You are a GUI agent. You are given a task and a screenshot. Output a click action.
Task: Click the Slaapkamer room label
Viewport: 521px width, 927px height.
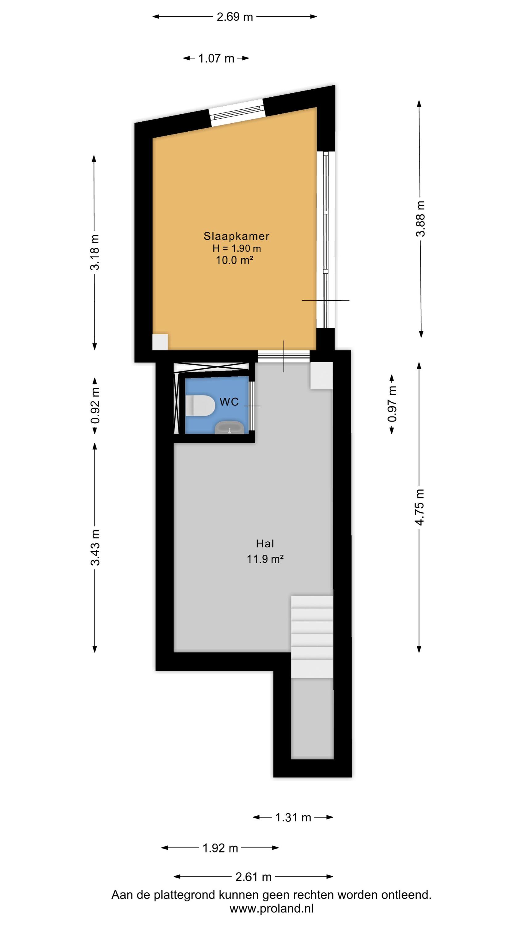(x=236, y=236)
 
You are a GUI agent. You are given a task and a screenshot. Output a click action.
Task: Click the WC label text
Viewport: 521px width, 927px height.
(x=229, y=402)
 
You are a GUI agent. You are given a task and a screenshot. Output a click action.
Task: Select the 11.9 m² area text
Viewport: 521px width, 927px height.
(x=265, y=559)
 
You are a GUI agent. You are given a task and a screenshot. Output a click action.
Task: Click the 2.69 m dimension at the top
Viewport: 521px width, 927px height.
(x=235, y=17)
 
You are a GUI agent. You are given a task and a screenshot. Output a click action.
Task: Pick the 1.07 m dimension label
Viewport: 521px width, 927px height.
(x=216, y=58)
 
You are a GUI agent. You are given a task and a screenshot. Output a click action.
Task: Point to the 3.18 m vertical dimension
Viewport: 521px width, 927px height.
(x=95, y=252)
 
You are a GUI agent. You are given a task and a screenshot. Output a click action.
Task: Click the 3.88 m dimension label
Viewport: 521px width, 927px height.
(x=420, y=218)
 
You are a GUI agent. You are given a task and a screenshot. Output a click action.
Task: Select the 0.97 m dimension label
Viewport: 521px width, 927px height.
(x=392, y=404)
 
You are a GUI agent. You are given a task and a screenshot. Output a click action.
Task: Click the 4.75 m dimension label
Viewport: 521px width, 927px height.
(x=419, y=507)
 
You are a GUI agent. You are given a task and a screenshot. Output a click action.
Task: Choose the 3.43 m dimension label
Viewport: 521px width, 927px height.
(x=95, y=547)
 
